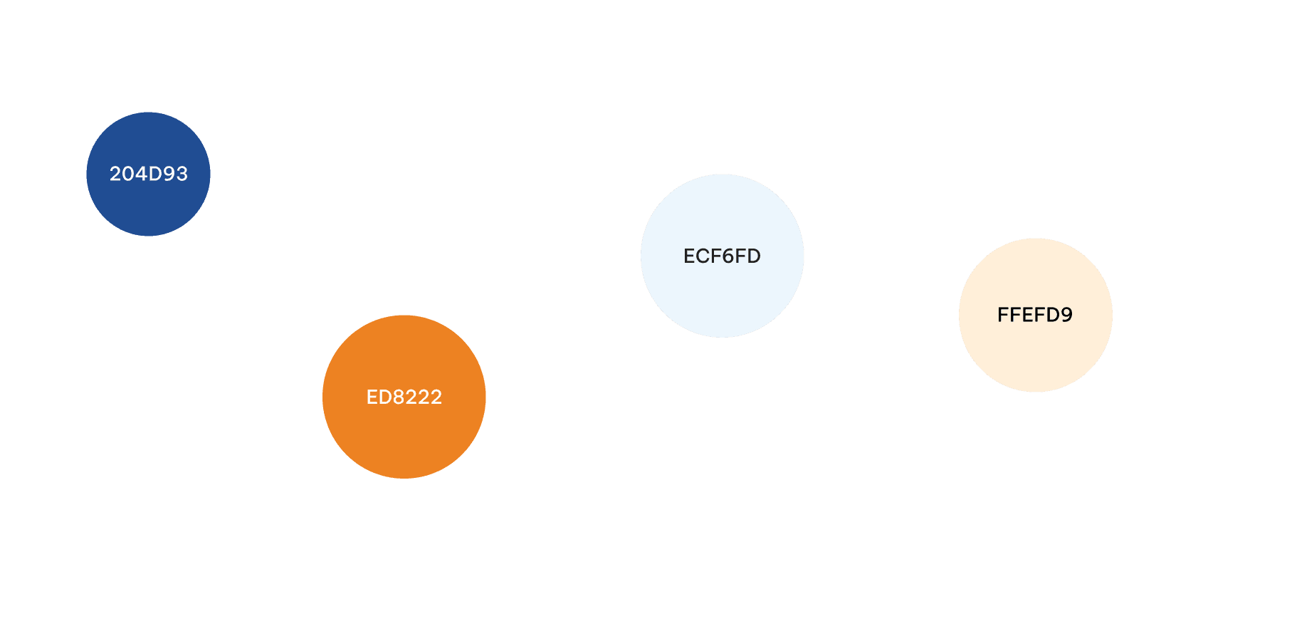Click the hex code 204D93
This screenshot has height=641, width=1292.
[148, 174]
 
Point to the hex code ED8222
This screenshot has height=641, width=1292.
[404, 397]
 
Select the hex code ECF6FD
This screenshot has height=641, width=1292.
[722, 256]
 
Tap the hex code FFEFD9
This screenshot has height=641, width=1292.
[1035, 315]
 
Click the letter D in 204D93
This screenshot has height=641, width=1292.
[154, 174]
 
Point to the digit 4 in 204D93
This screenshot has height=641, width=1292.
[141, 174]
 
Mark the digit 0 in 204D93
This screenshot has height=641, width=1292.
[128, 174]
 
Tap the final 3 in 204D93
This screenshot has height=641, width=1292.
[182, 174]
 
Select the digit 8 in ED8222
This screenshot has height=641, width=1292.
[398, 397]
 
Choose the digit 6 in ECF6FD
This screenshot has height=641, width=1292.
[728, 256]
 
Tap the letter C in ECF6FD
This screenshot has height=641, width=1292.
[702, 256]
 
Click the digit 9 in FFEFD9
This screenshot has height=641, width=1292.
[1066, 315]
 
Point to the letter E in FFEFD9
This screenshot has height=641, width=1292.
[1028, 315]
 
